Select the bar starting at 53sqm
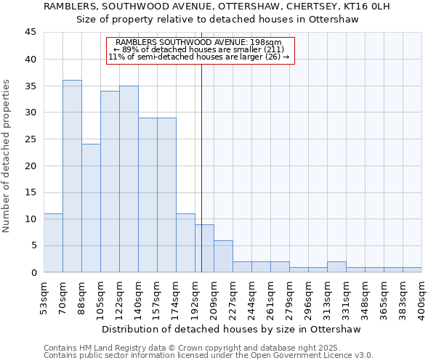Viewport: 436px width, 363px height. [53, 243]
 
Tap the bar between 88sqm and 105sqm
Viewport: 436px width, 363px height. [91, 208]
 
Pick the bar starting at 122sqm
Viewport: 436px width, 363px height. [129, 179]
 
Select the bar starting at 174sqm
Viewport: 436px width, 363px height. [185, 243]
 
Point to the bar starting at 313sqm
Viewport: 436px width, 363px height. [336, 267]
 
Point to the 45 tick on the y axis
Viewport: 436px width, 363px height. [31, 33]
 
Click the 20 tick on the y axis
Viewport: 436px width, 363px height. [31, 166]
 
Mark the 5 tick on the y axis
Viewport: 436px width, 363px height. [33, 245]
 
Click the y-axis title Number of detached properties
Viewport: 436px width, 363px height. [7, 157]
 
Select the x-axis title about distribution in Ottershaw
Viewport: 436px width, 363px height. [232, 329]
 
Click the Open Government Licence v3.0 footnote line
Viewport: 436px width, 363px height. [209, 356]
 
